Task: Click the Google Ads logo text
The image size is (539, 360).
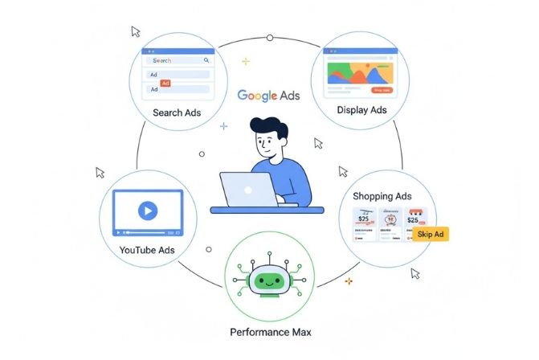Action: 268,94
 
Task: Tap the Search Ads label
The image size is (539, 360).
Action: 177,112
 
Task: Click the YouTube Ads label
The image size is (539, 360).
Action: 147,250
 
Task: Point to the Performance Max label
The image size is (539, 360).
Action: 270,331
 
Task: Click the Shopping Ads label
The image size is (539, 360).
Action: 382,196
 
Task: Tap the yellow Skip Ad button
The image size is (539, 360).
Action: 431,234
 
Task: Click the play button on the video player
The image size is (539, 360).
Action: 146,211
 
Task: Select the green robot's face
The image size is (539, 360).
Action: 269,280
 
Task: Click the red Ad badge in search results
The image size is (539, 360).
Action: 165,83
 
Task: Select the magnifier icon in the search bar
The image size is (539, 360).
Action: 206,60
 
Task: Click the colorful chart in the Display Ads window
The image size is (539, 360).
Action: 358,73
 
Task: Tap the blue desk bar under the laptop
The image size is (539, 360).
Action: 267,210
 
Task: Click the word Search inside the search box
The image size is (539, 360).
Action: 162,60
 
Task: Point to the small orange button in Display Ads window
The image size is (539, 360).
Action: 382,90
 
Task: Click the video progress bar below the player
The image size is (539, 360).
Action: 147,232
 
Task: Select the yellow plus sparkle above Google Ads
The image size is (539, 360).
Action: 245,61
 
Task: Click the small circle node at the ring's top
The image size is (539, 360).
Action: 269,38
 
